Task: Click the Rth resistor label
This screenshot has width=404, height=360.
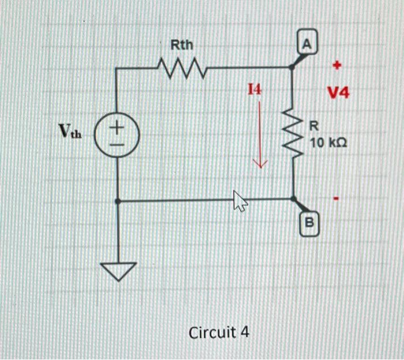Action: pos(182,44)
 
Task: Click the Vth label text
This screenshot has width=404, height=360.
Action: pos(70,133)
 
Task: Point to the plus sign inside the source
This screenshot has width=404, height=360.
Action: pos(117,125)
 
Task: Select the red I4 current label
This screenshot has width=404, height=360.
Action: pos(255,89)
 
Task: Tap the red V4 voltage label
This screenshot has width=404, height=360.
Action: pos(338,92)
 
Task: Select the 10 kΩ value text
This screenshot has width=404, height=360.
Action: pos(328,142)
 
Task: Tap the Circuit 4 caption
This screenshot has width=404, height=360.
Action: pos(219,333)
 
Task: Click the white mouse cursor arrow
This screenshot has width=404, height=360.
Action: pos(239,201)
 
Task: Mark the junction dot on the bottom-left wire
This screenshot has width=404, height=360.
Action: pos(118,201)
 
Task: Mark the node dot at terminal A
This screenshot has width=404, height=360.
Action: pos(292,67)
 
